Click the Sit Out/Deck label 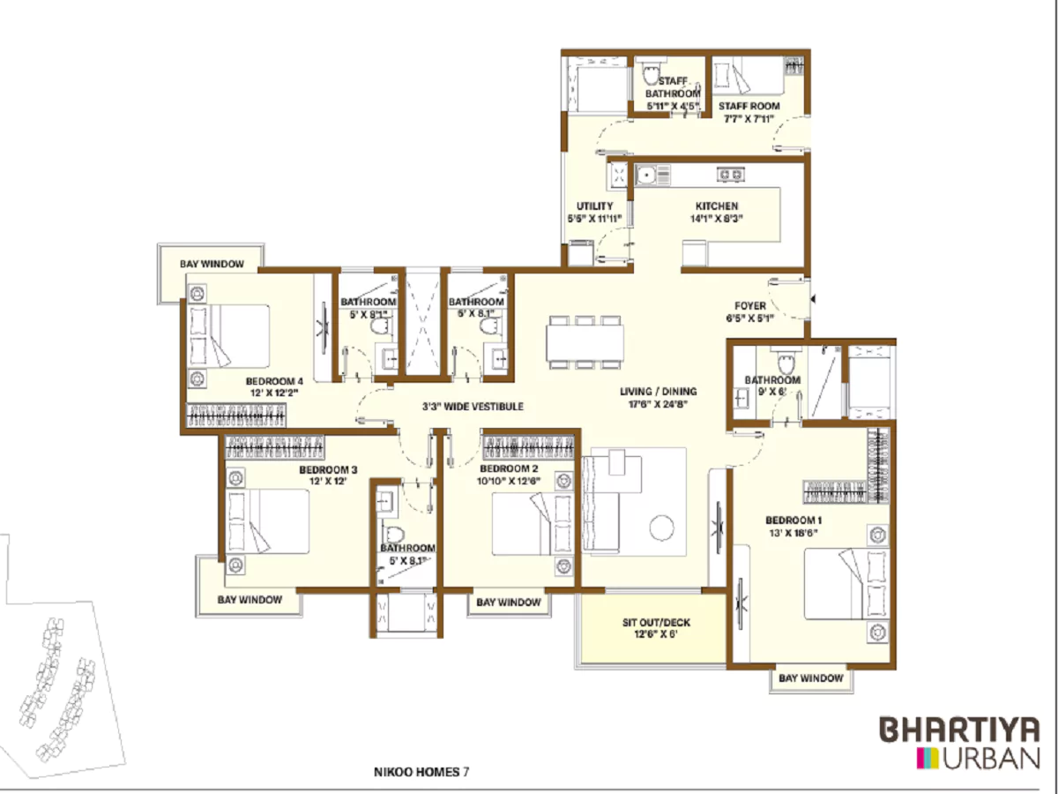(655, 623)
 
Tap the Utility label (594, 206)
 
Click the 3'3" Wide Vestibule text (473, 408)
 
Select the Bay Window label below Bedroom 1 (810, 678)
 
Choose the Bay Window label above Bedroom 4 (212, 264)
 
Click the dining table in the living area (585, 342)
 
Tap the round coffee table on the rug (661, 528)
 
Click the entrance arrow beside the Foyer (814, 301)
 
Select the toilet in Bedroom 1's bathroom (784, 363)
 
